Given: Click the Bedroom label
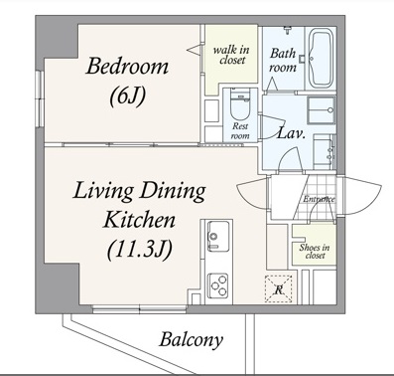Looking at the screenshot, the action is point(127,66).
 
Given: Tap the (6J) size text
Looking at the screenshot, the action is point(127,96).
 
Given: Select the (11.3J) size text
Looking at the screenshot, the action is point(140,250).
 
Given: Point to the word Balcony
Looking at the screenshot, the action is point(192,340).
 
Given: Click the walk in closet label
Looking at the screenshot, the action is point(231,55).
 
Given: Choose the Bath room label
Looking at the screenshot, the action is point(283,60).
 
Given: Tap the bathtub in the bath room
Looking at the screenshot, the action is point(321,59).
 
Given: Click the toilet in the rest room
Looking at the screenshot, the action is point(239,105).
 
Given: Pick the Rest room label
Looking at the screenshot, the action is point(240,130).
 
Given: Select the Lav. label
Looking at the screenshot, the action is point(291,133).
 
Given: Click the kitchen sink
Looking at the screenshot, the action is point(218,236).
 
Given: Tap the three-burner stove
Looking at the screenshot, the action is point(218,284).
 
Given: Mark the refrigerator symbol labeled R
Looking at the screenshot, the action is point(279,289).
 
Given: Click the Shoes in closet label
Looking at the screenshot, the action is point(315,252).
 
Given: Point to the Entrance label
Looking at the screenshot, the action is point(320,199).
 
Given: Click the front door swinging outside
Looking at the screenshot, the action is point(361,195).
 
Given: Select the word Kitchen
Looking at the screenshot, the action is point(139,220).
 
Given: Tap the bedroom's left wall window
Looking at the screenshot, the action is point(40,98).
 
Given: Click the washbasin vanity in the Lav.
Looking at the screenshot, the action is point(325,152).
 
